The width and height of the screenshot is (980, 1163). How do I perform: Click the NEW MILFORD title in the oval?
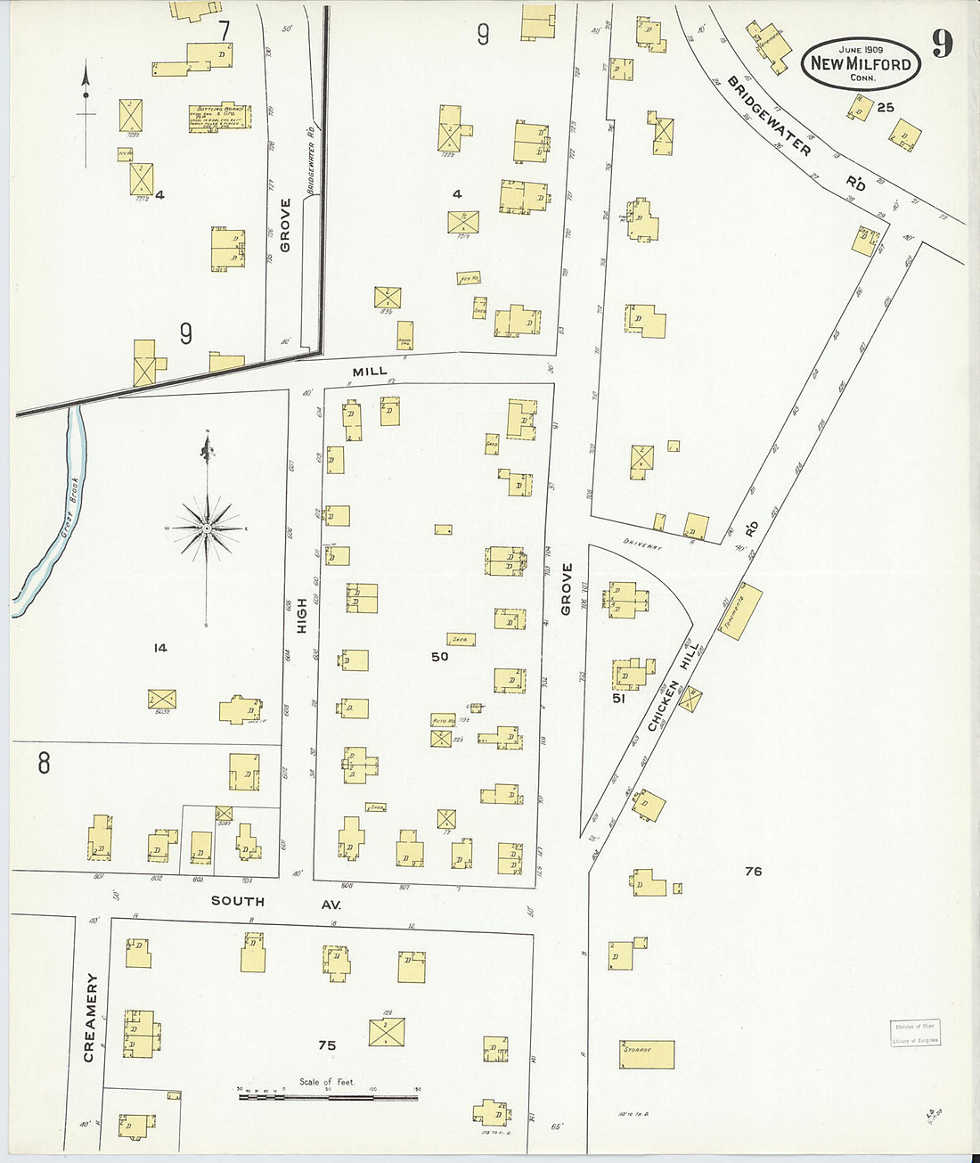click(861, 64)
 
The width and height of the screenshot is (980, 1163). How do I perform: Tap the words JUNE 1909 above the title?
click(861, 50)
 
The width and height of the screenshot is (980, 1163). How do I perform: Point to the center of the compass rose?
click(207, 528)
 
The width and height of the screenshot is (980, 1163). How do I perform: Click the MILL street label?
click(370, 371)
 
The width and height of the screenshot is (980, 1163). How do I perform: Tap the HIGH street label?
click(302, 616)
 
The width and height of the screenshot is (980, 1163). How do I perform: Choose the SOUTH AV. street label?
click(274, 901)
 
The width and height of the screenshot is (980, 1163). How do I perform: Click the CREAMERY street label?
click(89, 1018)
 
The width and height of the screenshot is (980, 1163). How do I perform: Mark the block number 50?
click(439, 657)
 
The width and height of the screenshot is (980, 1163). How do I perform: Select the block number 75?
click(327, 1045)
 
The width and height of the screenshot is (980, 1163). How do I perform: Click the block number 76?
click(753, 871)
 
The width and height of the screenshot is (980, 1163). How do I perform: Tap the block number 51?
click(619, 699)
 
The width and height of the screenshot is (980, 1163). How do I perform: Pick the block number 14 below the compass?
click(159, 648)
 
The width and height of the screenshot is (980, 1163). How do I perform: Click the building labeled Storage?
click(647, 1054)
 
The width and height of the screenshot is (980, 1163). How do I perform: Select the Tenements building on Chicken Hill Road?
click(741, 611)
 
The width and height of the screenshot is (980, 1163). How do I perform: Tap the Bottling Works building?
click(219, 118)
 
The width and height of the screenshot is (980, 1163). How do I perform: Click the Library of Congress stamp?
click(915, 1033)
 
